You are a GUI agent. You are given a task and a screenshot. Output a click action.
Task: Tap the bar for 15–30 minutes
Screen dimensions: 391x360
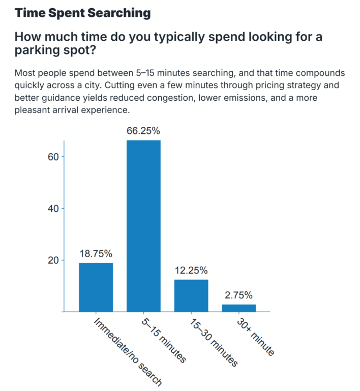coord(191,295)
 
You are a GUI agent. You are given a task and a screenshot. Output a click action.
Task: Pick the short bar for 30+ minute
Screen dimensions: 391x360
coord(238,308)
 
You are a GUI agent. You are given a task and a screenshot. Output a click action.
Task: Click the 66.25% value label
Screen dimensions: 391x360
coord(143,131)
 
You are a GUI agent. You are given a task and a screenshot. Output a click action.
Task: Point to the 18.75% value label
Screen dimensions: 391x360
coord(96,253)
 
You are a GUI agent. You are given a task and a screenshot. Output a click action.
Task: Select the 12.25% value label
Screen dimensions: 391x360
coord(191,270)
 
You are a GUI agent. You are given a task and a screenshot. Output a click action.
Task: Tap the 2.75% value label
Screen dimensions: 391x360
coord(238,295)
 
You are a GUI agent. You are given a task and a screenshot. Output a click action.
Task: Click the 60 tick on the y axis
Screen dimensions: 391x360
coord(53,157)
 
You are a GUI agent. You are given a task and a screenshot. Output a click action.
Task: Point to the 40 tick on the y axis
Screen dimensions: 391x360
coord(53,208)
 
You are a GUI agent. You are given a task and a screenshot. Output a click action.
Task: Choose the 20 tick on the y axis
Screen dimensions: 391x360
coord(53,260)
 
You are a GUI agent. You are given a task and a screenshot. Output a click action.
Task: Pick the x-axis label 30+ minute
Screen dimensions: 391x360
coord(255,337)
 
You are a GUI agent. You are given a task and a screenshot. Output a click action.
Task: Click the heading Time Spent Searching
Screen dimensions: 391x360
coord(82,13)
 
